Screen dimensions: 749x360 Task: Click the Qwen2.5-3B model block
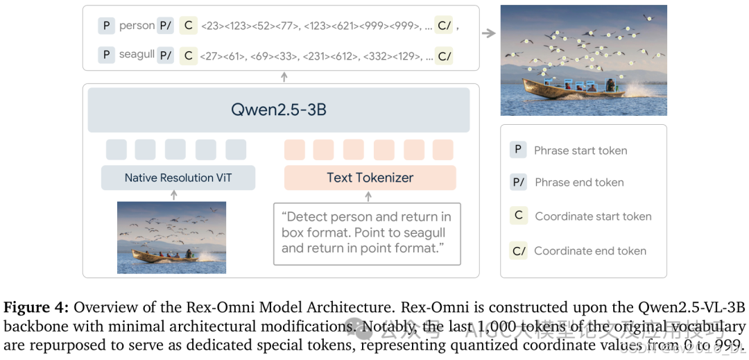click(278, 110)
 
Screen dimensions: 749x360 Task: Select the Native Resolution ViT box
click(178, 178)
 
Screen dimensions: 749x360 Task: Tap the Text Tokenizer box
click(370, 178)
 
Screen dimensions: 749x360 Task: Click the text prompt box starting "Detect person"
click(367, 233)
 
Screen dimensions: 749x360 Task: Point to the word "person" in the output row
click(137, 26)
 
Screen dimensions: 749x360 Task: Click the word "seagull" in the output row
click(137, 54)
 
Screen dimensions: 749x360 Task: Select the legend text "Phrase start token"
click(580, 151)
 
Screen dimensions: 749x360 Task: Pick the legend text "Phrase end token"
click(579, 182)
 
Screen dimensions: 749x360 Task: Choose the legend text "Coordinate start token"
click(593, 216)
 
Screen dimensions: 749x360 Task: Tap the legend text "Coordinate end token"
click(590, 251)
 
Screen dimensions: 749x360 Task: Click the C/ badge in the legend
click(518, 251)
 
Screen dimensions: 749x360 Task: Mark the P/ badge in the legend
click(518, 182)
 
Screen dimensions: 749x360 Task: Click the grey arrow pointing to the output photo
click(489, 33)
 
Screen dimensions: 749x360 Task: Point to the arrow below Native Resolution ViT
click(174, 195)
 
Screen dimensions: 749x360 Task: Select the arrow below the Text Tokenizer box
click(368, 196)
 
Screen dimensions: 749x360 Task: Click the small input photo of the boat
click(171, 237)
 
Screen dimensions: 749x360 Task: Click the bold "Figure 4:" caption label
click(36, 308)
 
